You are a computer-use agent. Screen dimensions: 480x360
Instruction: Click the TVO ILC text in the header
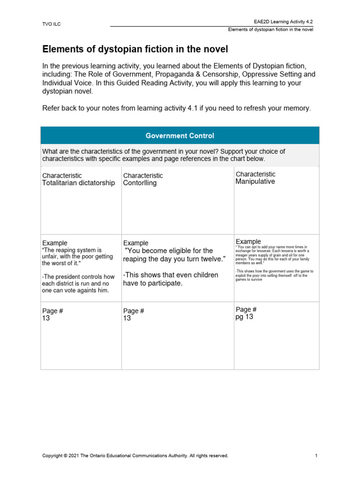click(x=52, y=24)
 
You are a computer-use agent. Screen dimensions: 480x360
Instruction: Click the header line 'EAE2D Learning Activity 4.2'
click(x=283, y=22)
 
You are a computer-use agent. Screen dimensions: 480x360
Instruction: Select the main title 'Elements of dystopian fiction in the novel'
click(x=135, y=49)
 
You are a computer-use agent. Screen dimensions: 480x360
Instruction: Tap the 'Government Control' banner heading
click(x=180, y=135)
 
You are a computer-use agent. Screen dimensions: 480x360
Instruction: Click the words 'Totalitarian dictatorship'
click(x=78, y=183)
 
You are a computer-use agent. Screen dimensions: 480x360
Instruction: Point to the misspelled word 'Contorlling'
click(x=140, y=183)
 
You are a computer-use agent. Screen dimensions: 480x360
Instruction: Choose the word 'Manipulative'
click(x=255, y=181)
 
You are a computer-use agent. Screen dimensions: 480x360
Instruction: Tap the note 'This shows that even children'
click(x=171, y=279)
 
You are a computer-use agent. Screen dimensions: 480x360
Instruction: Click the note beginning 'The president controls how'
click(x=78, y=284)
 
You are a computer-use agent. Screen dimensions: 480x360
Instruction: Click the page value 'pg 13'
click(x=244, y=317)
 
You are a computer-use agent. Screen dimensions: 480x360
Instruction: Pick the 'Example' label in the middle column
click(x=135, y=243)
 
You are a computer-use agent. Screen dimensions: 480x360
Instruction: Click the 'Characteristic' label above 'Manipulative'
click(x=255, y=174)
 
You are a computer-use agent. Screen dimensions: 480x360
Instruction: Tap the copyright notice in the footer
click(x=135, y=456)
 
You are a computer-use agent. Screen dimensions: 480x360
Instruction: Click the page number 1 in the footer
click(x=316, y=456)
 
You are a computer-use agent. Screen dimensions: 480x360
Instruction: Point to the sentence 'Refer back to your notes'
click(x=176, y=108)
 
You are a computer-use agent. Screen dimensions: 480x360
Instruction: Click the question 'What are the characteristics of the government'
click(x=164, y=155)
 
